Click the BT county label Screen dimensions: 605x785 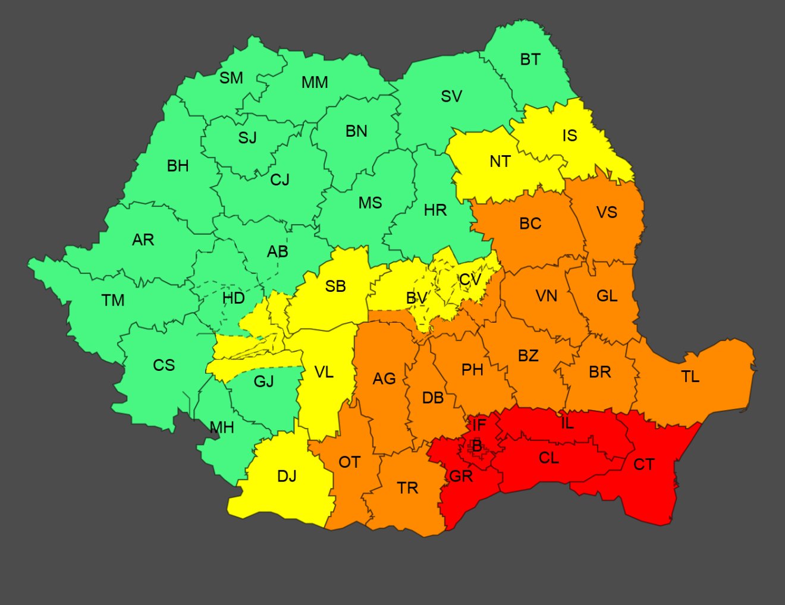coord(530,60)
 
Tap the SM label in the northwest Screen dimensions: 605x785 coord(231,78)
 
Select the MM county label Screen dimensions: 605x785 coord(315,83)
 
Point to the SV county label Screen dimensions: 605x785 coord(451,96)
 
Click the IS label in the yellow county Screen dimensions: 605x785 coord(569,136)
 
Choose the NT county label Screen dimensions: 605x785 coord(500,162)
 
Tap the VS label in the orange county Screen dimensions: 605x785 coord(607,213)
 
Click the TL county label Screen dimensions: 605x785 coord(690,377)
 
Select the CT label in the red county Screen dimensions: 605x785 coord(643,465)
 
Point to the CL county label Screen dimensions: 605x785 coord(548,458)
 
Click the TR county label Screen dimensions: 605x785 coord(407,489)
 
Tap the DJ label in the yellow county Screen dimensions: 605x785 coord(287,477)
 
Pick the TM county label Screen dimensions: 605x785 coord(113,301)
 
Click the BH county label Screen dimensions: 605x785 coord(177,166)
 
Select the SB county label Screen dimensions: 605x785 coord(335,287)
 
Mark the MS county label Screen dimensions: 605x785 coord(370,203)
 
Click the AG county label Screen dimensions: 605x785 coord(384,379)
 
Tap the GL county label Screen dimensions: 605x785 coord(607,296)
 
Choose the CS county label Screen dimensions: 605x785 coord(164,365)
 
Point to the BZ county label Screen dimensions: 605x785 coord(528,356)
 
